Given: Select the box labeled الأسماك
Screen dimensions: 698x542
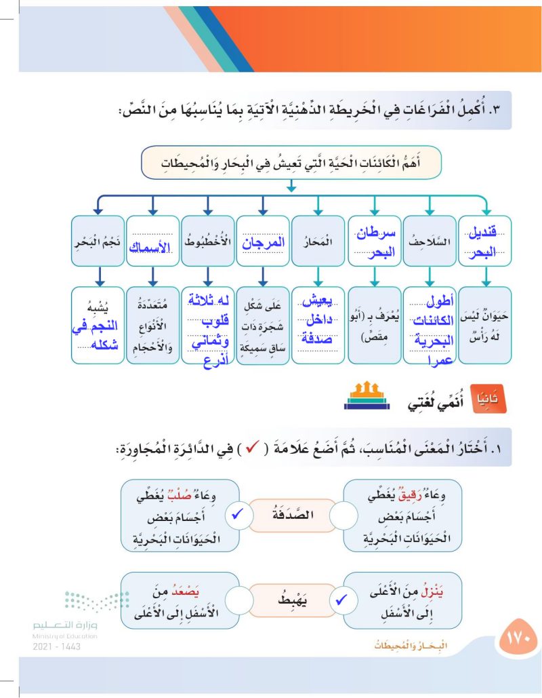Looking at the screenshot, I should click(152, 241).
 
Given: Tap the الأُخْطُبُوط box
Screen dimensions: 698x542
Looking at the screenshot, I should click(207, 241).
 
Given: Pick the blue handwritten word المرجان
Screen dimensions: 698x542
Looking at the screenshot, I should click(263, 241).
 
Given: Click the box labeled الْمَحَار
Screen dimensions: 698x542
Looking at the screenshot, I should click(318, 241).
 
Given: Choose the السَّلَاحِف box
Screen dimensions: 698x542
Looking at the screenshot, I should click(430, 241).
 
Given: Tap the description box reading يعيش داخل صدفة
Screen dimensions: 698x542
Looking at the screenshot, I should click(318, 324).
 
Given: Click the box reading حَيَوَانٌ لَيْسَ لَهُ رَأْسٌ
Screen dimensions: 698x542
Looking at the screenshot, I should click(485, 324).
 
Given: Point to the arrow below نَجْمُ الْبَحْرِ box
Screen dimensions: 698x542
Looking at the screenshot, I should click(98, 275).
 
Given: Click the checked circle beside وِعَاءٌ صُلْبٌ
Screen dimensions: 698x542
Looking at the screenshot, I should click(237, 516).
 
